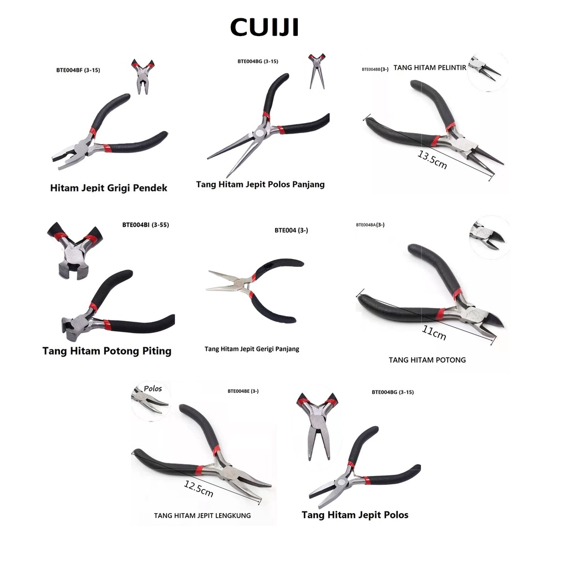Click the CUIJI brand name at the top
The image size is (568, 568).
point(265,26)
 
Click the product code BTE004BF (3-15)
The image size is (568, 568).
point(78,70)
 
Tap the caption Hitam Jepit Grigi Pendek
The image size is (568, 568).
point(109,188)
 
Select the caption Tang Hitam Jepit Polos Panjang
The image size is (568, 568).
point(260,184)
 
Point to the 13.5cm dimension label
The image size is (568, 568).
point(432,160)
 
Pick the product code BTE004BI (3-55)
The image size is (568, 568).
point(145,225)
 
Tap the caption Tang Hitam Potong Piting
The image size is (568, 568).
point(107,351)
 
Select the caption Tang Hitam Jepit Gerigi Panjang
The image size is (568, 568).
point(252,349)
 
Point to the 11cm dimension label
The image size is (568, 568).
point(434,333)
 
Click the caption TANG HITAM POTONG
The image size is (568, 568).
point(427,360)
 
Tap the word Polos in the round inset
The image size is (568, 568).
point(153,389)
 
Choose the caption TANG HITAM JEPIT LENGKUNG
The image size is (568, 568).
point(202,516)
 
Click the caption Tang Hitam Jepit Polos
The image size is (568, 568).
point(355,515)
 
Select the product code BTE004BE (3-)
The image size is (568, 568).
point(243,391)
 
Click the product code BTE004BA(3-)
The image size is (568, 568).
point(370,225)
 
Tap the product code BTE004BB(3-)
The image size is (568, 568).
point(375,69)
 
